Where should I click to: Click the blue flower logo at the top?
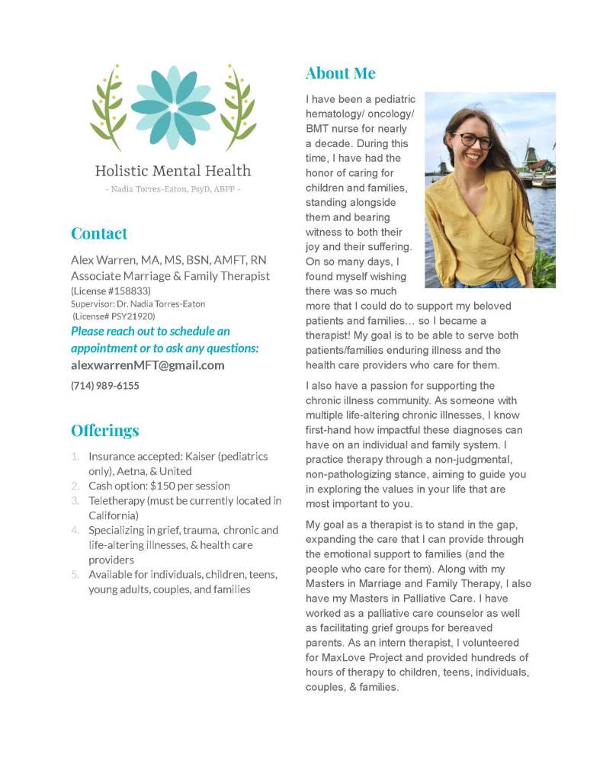(x=174, y=108)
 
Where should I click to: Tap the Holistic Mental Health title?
(x=173, y=171)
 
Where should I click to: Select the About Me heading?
(x=340, y=73)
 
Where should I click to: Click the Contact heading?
(x=99, y=233)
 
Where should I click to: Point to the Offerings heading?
(x=105, y=430)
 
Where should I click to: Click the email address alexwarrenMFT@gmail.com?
(x=148, y=365)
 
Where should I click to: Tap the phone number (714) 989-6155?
(x=105, y=386)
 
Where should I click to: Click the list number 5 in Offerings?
(x=75, y=574)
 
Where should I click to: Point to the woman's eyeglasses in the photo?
(x=473, y=140)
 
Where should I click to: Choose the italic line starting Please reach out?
(x=150, y=332)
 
